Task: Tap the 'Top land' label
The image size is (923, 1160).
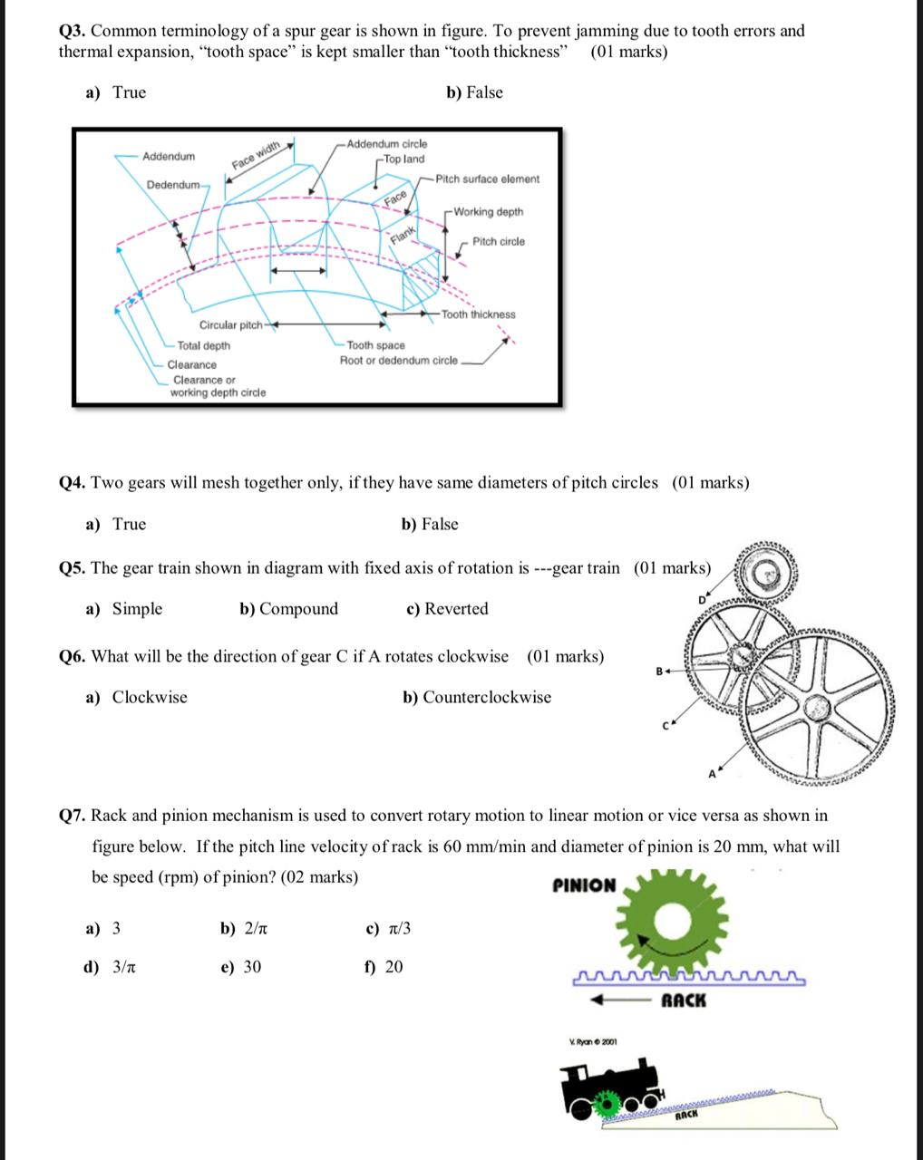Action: point(403,159)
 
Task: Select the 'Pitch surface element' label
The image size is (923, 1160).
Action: point(487,179)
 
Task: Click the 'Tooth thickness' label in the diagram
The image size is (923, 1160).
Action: point(479,314)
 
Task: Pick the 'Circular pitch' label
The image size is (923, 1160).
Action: point(230,325)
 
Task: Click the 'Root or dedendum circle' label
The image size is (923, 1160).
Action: point(399,361)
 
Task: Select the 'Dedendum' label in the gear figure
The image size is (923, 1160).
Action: point(173,185)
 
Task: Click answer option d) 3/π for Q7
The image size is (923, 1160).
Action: point(111,967)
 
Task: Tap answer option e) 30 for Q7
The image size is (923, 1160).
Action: point(241,967)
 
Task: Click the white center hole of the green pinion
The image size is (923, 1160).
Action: point(673,922)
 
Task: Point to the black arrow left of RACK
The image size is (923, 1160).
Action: point(620,1000)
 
